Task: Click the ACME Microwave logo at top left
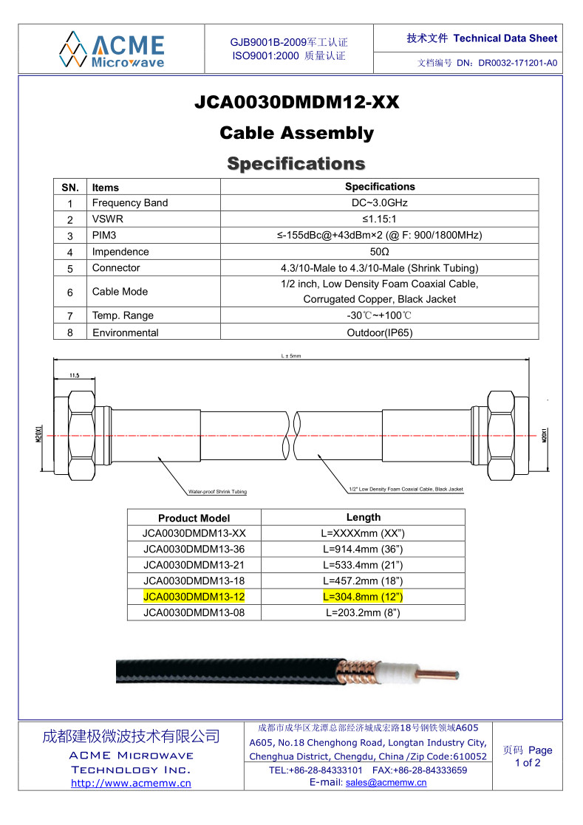(113, 49)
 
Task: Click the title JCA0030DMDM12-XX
(296, 103)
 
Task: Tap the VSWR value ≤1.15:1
(380, 219)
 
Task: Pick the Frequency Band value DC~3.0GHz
(380, 203)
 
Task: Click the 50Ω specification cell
(380, 252)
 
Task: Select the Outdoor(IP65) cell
(380, 332)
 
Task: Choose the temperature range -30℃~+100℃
(380, 315)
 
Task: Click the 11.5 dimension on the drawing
(74, 376)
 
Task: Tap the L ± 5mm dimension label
(291, 356)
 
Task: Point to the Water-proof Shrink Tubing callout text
(217, 492)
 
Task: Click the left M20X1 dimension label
(38, 434)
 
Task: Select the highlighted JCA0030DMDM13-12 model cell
(194, 597)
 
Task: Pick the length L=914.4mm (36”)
(363, 550)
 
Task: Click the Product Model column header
(194, 518)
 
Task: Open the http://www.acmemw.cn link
(131, 784)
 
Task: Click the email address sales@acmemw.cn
(386, 783)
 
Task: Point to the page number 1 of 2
(528, 763)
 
